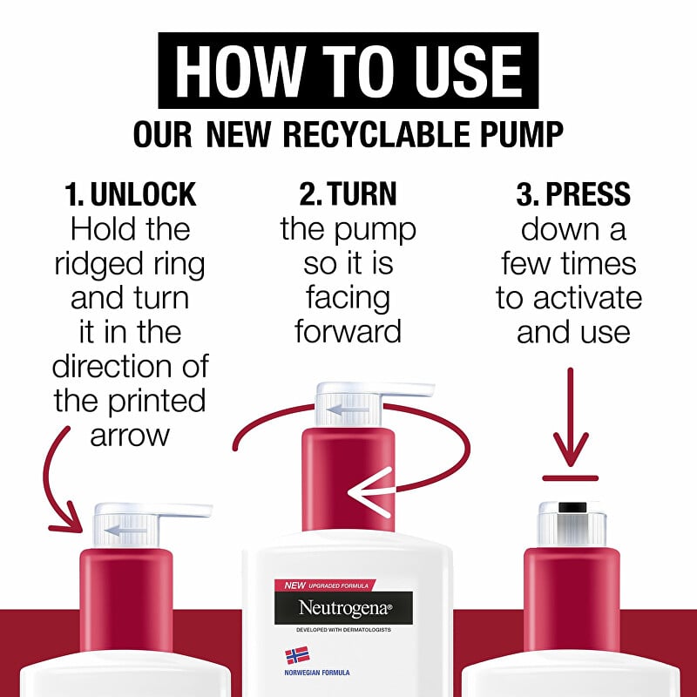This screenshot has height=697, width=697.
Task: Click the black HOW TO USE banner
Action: tap(348, 71)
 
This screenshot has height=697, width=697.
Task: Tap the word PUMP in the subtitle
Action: tap(517, 134)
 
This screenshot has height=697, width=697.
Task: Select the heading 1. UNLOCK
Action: tap(130, 194)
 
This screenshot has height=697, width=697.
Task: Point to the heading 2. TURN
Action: tap(348, 194)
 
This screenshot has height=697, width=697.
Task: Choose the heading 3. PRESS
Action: tap(573, 194)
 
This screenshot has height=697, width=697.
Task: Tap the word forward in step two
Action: tap(348, 331)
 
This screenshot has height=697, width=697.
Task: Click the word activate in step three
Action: tap(587, 298)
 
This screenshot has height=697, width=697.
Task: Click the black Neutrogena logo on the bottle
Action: tap(343, 607)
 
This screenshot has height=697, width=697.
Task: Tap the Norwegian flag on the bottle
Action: tap(297, 656)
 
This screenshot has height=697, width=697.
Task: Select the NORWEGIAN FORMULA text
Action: tap(317, 673)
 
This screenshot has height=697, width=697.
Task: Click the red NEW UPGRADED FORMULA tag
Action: tap(325, 585)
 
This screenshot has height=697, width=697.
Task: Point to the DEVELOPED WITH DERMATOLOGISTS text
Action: tap(343, 630)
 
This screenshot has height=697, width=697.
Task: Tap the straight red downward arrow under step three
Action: tap(571, 417)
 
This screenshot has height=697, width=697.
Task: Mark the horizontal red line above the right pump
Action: tap(571, 478)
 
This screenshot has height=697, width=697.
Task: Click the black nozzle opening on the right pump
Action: tap(571, 507)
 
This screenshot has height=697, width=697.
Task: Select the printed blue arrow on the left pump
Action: tap(125, 530)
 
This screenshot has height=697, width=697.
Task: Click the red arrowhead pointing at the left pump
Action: tap(68, 521)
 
